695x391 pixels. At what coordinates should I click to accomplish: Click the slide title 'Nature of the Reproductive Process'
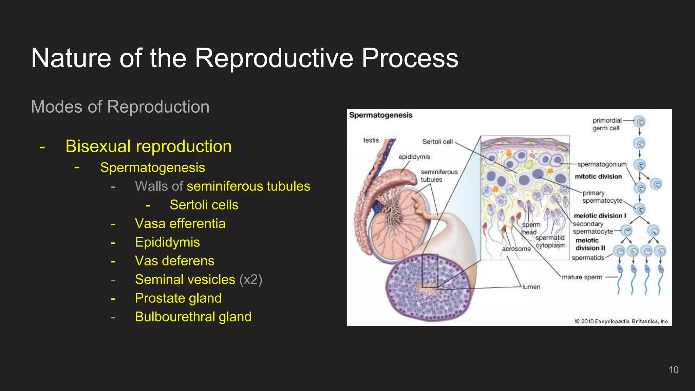point(244,58)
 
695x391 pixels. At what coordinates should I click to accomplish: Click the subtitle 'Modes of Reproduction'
point(120,107)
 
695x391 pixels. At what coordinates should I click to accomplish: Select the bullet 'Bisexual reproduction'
point(148,146)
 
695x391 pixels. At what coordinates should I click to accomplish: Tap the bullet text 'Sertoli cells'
point(204,205)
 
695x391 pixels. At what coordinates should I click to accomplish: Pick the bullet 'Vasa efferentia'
point(180,224)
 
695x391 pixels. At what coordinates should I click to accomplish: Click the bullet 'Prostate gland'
point(178,298)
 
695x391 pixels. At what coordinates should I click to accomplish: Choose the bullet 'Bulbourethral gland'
point(193,317)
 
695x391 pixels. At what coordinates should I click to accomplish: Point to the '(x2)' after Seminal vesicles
point(251,280)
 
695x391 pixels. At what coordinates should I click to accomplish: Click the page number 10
point(673,370)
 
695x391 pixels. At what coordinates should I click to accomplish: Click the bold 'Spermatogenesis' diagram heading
point(381,115)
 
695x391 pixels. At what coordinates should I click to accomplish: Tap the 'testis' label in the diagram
point(371,140)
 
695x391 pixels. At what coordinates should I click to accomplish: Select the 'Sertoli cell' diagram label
point(437,142)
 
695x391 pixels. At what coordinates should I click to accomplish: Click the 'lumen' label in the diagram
point(531,287)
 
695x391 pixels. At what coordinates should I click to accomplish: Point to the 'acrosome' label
point(516,249)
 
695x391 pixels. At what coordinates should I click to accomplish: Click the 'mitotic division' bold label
point(598,176)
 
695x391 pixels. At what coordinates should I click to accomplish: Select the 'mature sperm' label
point(582,277)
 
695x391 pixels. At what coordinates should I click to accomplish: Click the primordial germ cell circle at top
point(639,122)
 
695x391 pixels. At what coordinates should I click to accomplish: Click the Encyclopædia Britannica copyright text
point(622,321)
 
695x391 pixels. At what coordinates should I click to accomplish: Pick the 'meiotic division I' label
point(600,216)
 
